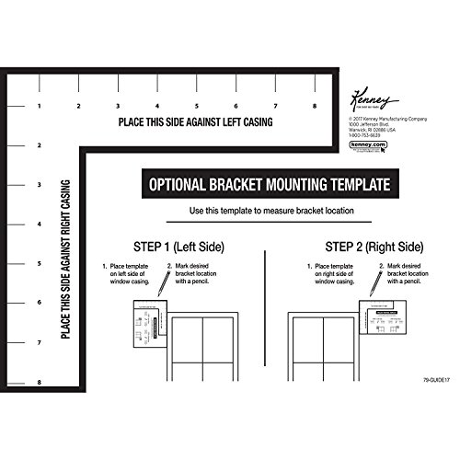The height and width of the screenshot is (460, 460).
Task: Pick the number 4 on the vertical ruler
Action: tap(40, 224)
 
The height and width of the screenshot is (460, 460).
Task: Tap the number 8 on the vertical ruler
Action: tap(40, 381)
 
